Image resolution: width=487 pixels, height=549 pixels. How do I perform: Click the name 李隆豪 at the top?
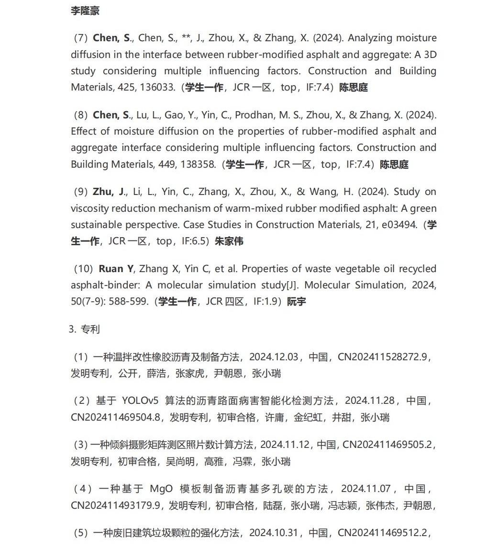click(x=85, y=11)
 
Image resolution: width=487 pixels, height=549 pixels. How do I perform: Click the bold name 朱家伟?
click(x=229, y=241)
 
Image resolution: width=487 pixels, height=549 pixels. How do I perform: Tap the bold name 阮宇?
click(x=297, y=302)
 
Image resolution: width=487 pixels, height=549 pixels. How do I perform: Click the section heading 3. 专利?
click(x=84, y=330)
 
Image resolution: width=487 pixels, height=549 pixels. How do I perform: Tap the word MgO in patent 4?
click(x=161, y=489)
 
